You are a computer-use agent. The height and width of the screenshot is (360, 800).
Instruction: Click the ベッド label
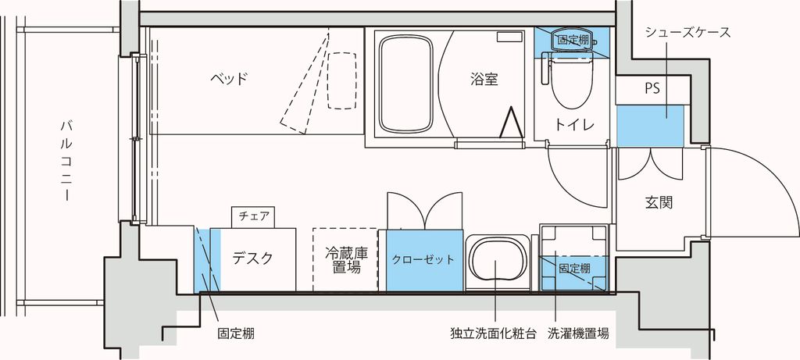[x=229, y=79]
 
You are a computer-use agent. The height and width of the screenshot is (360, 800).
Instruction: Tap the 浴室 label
[x=484, y=79]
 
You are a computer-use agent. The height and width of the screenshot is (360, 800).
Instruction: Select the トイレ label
[x=575, y=125]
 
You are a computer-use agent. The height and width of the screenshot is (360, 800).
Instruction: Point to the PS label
[x=652, y=89]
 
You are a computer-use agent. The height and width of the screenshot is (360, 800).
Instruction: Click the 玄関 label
[x=659, y=203]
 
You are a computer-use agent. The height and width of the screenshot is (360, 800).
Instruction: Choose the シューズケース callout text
[x=688, y=33]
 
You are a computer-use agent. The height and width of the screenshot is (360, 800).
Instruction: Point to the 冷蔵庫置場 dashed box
[x=346, y=260]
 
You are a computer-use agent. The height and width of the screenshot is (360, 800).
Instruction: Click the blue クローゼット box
[x=422, y=261]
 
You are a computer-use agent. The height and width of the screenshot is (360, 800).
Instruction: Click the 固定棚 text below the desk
[x=235, y=333]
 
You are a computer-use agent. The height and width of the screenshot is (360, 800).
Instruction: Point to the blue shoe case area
[x=650, y=125]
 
